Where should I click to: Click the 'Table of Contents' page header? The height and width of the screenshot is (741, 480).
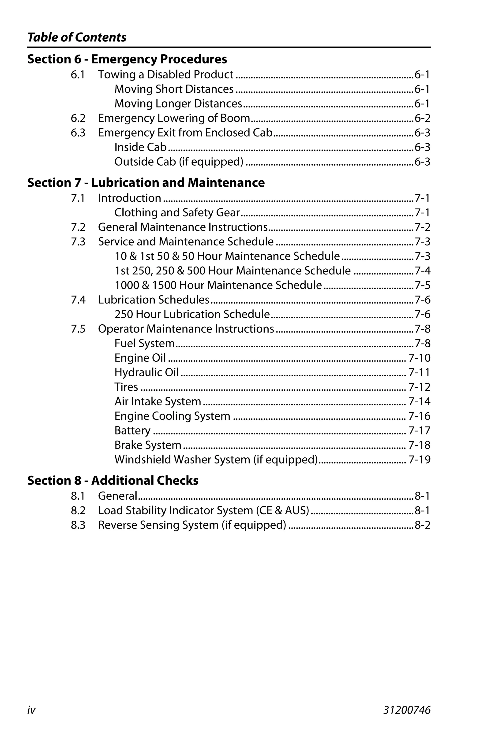[x=77, y=37]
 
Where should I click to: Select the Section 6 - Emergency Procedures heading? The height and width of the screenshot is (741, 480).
[x=127, y=59]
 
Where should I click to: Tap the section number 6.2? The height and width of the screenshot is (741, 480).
[x=78, y=118]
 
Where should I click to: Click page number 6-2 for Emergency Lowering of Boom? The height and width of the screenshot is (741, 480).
[x=422, y=118]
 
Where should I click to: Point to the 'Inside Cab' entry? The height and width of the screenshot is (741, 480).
[x=140, y=147]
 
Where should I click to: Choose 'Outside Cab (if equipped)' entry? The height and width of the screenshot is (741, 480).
[x=179, y=162]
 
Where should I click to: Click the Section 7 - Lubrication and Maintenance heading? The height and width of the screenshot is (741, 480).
[x=146, y=183]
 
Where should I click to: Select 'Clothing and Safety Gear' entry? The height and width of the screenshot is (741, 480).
[x=177, y=213]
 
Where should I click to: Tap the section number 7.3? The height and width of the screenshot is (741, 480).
[x=78, y=242]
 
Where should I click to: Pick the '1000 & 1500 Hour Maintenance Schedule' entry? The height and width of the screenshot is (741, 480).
[x=218, y=285]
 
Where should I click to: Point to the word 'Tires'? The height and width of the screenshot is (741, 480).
[x=126, y=387]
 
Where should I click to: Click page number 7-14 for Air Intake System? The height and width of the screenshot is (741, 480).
[x=419, y=402]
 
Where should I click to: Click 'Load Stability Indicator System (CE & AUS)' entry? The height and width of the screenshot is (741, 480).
[x=203, y=511]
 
